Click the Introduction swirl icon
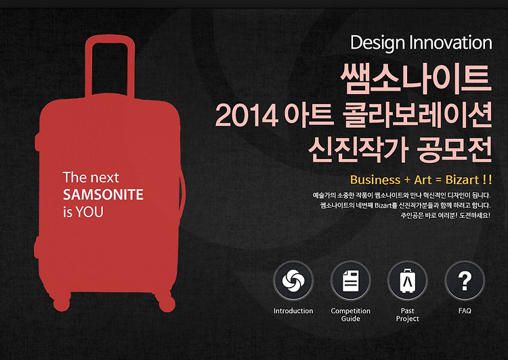[x=293, y=281]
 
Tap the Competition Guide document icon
[x=351, y=281]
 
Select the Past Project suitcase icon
[x=408, y=281]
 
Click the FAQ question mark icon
[x=465, y=281]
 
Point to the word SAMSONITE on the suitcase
[x=103, y=195]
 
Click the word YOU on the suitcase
[x=89, y=212]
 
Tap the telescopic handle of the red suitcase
[x=110, y=66]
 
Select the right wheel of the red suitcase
[x=167, y=303]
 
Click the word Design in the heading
[x=378, y=43]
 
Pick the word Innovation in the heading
[x=451, y=43]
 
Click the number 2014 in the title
[x=247, y=116]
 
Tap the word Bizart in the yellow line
[x=463, y=180]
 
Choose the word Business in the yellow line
[x=375, y=180]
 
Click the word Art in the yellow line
[x=423, y=180]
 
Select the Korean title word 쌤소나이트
[x=416, y=78]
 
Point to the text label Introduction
[x=293, y=311]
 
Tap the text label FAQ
[x=465, y=311]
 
